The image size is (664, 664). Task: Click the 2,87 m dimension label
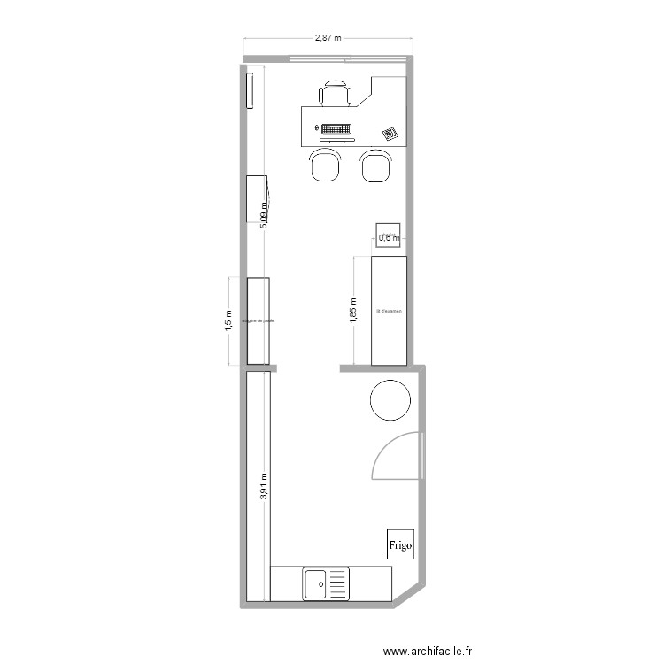tap(328, 38)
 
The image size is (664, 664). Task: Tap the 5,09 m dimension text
tap(263, 213)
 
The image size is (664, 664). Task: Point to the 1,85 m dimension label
tap(353, 310)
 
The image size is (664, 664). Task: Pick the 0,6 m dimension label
tap(389, 237)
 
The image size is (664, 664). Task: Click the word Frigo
tap(400, 546)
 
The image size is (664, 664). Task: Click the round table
tap(390, 399)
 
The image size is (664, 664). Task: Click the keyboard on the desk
tap(336, 129)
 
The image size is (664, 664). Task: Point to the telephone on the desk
tap(390, 134)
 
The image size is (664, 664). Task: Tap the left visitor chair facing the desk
tap(325, 165)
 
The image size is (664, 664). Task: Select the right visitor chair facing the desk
tap(376, 165)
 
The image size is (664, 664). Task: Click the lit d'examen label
tap(389, 311)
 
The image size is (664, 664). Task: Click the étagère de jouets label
tap(258, 321)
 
